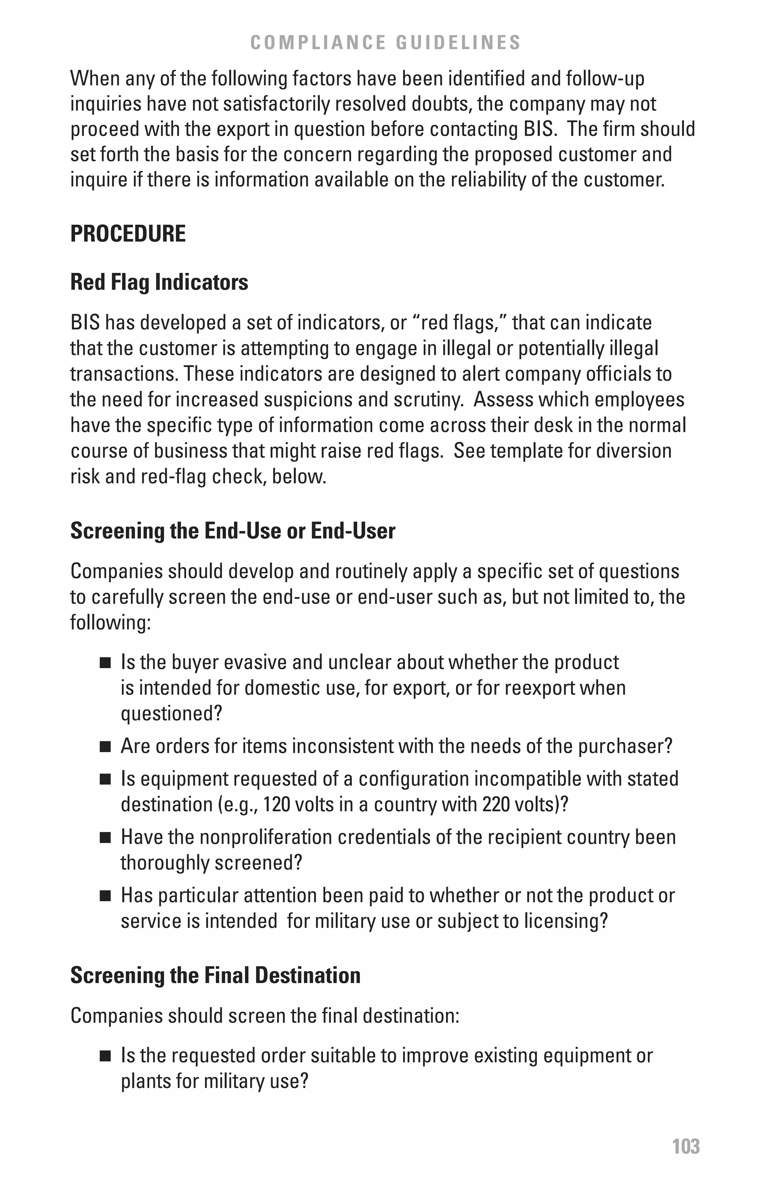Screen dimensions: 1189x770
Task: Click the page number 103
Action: point(685,1146)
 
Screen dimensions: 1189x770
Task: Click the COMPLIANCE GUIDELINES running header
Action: point(385,42)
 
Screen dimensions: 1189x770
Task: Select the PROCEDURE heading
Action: point(128,233)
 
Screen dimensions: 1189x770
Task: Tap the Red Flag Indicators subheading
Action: point(159,282)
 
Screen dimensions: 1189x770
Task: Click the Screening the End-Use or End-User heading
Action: point(232,530)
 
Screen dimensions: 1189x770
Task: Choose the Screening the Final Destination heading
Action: point(215,975)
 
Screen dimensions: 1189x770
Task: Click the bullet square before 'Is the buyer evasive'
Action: point(105,663)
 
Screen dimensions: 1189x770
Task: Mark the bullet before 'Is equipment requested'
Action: point(105,780)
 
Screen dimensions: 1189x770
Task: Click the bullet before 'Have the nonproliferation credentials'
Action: point(105,838)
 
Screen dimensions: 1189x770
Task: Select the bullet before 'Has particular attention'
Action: point(105,896)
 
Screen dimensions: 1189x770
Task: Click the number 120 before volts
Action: point(276,804)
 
